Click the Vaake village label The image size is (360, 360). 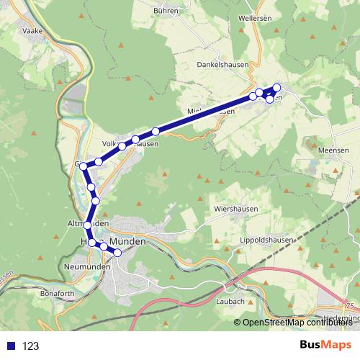(33, 31)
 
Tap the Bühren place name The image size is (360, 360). (167, 11)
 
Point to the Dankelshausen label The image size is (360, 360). (222, 64)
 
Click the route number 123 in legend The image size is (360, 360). (30, 346)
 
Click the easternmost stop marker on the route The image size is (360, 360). (276, 89)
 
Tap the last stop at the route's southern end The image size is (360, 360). (117, 253)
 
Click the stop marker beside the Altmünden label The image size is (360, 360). (88, 225)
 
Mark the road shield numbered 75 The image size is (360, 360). (349, 305)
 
